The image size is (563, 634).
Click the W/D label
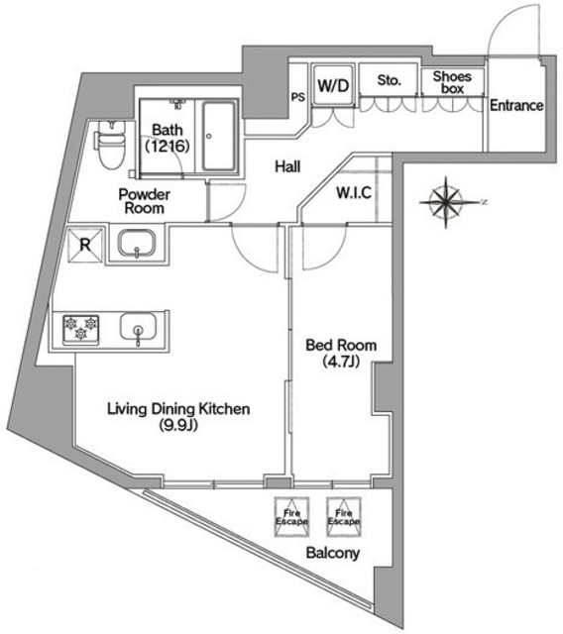pyautogui.click(x=332, y=85)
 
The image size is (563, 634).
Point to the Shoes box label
pyautogui.click(x=451, y=82)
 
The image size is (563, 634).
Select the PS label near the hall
pyautogui.click(x=297, y=97)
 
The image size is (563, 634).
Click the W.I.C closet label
pyautogui.click(x=354, y=193)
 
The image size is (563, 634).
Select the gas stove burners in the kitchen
pyautogui.click(x=80, y=328)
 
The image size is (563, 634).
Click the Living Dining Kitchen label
pyautogui.click(x=178, y=417)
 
